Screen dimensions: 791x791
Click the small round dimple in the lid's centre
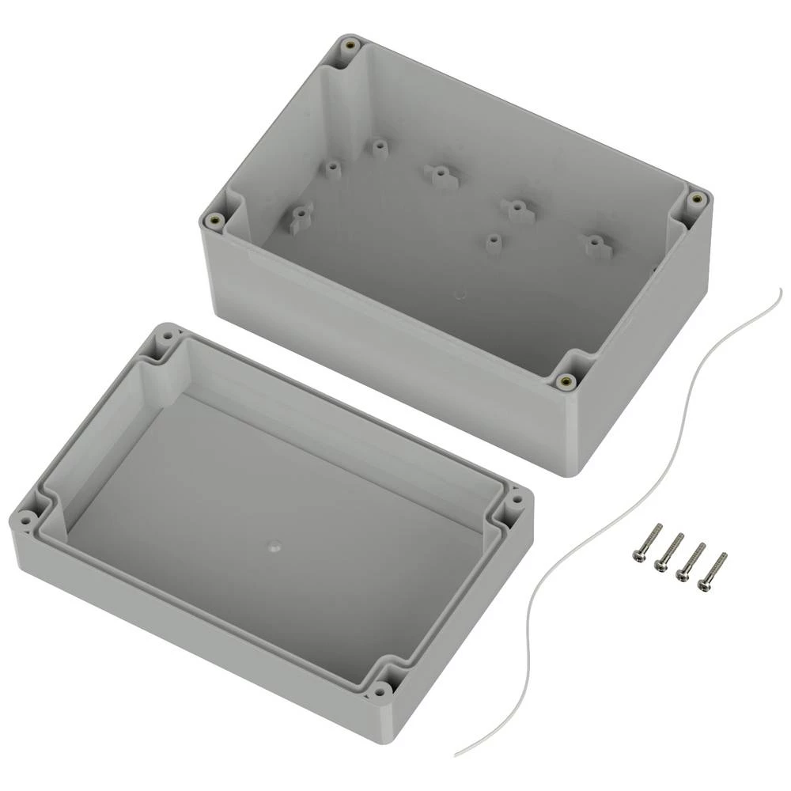[x=273, y=546]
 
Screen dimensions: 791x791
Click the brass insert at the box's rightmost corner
[x=696, y=198]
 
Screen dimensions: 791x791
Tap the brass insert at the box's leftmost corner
[x=211, y=221]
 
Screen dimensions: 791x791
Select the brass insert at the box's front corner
[x=564, y=382]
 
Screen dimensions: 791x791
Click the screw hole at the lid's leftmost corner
[x=26, y=520]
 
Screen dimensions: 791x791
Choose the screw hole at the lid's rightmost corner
[x=517, y=500]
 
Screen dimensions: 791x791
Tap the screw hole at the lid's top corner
[x=166, y=336]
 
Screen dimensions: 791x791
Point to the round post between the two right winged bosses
[x=494, y=242]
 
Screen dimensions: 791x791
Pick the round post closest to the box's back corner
[x=380, y=148]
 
